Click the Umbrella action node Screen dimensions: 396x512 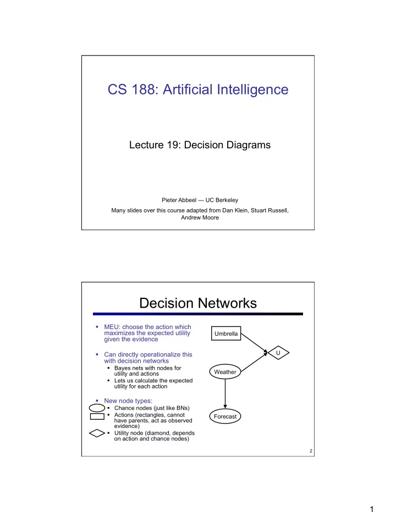click(226, 333)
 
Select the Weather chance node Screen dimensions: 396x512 click(225, 371)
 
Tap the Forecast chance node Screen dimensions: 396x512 click(225, 416)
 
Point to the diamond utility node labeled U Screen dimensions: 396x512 click(278, 353)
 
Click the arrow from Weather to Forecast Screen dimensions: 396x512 click(225, 394)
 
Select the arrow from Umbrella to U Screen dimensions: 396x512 click(255, 343)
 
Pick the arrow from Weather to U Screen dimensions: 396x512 click(254, 362)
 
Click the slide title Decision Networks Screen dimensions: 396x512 click(198, 303)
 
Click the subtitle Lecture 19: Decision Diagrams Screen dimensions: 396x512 click(200, 144)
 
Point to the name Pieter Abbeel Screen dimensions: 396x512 click(179, 200)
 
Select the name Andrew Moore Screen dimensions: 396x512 click(200, 218)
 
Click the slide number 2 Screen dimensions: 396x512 click(311, 451)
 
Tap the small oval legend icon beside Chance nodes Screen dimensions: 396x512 click(97, 408)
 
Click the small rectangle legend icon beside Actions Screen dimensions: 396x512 click(97, 416)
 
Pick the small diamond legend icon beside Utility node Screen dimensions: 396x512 click(97, 433)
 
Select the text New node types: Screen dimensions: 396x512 click(128, 400)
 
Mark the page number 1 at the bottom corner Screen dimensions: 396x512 click(371, 509)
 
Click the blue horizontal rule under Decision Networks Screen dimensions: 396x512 click(198, 314)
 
